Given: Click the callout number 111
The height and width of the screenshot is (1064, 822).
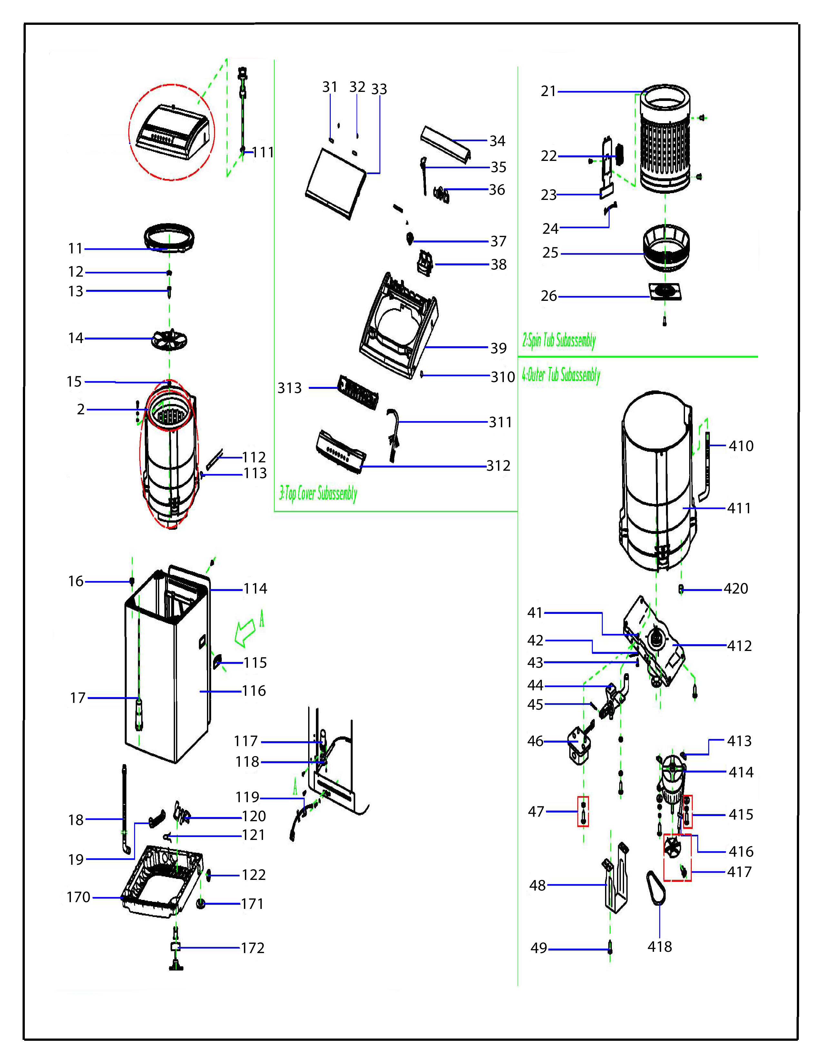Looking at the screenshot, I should coord(263,153).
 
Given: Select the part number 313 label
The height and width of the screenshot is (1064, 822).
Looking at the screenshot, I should coord(290,388).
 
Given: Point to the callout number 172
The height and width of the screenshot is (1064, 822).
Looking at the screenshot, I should coord(253,948).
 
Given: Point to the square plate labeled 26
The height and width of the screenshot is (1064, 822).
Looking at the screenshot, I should coord(665,291).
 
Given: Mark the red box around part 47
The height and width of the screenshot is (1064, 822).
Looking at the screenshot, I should coord(583,812).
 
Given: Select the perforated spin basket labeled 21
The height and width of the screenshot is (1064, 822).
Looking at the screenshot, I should coord(665,141).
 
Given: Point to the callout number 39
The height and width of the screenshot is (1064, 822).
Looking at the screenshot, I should coord(498,348).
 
